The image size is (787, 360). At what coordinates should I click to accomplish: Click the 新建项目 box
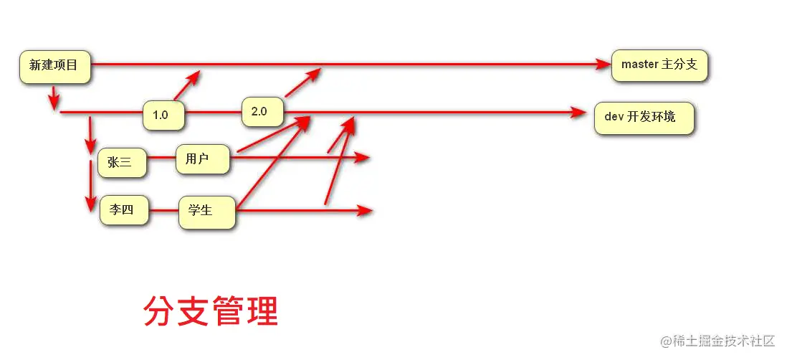click(54, 66)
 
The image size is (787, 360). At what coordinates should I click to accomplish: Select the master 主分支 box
click(659, 65)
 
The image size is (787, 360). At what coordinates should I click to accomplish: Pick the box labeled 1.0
click(162, 115)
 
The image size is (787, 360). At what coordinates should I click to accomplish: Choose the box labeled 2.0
click(261, 112)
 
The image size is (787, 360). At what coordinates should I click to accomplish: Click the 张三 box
click(121, 163)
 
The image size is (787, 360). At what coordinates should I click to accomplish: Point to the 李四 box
click(123, 211)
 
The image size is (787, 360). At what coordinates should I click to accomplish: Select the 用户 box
click(201, 159)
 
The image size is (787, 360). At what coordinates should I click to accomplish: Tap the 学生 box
click(206, 212)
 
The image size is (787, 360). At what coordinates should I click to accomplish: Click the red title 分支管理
click(211, 311)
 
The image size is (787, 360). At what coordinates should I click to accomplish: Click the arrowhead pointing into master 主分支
click(603, 65)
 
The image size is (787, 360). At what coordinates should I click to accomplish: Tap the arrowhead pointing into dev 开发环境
click(579, 113)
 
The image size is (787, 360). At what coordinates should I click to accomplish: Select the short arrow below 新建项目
click(54, 98)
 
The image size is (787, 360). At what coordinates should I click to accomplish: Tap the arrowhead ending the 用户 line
click(363, 157)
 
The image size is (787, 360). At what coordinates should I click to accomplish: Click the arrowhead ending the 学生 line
click(366, 211)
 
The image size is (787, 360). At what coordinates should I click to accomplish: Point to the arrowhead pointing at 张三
click(90, 145)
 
